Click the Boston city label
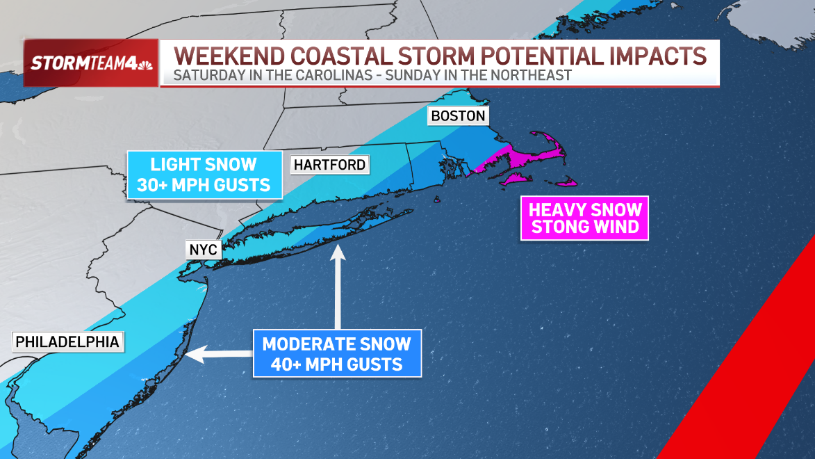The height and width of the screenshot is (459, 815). (x=458, y=115)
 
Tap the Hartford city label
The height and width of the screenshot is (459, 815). (x=329, y=165)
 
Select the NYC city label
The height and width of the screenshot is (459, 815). (x=203, y=250)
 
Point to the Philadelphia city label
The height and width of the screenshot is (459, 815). (x=67, y=341)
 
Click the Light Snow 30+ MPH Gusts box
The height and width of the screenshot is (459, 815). (x=204, y=175)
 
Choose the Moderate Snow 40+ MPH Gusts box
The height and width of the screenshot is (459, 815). (x=337, y=353)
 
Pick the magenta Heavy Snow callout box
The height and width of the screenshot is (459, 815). (x=585, y=218)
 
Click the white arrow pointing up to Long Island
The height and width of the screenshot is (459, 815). (x=338, y=285)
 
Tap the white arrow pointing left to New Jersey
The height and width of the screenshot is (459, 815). (x=218, y=354)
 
